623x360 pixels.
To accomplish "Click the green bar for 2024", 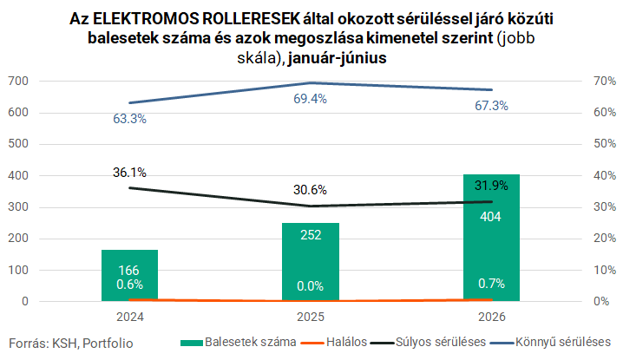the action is (x=130, y=275).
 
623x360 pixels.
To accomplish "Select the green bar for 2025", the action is (x=311, y=261).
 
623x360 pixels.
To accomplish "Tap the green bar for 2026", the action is (x=491, y=237).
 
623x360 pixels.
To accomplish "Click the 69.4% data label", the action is (x=311, y=99).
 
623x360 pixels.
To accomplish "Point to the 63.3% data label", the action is (x=130, y=119).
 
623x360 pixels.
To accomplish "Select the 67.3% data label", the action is (x=491, y=106).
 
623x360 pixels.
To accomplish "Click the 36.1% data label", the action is (x=129, y=173).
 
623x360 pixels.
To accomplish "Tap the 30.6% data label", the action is (x=311, y=190).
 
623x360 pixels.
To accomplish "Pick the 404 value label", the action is (x=491, y=217).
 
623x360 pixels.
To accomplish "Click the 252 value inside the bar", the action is (x=311, y=235).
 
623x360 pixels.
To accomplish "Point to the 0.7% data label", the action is (x=491, y=284).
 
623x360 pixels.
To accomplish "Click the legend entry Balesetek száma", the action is (x=239, y=342).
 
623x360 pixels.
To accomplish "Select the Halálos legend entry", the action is (x=334, y=342).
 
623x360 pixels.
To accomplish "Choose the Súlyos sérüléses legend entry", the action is (x=429, y=342).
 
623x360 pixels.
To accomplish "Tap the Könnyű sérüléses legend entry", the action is (x=550, y=342).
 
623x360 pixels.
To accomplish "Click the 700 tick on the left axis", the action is (x=18, y=81).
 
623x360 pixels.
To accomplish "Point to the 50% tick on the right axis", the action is (x=605, y=143).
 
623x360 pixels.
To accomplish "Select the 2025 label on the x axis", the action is (x=311, y=317).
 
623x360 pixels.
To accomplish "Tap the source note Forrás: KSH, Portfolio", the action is (x=71, y=344).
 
